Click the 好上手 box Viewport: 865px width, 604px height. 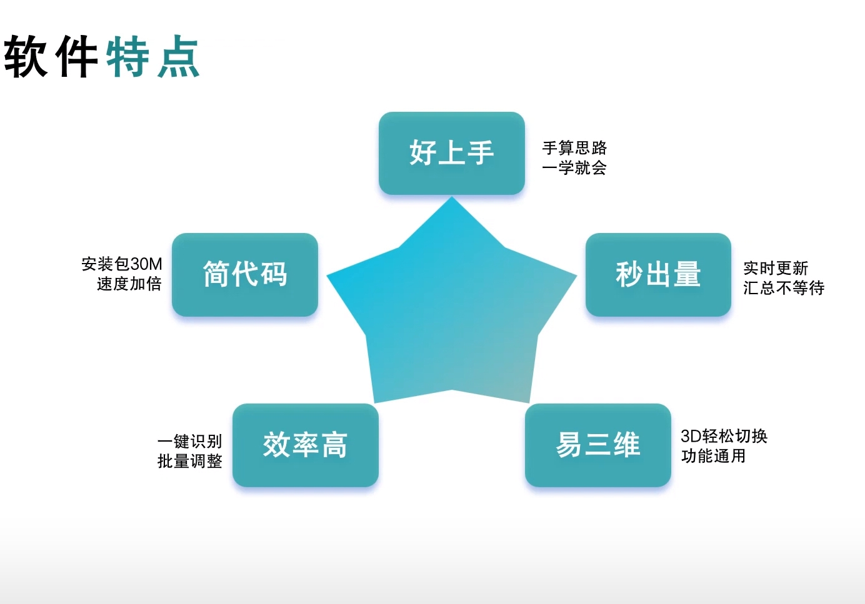pos(451,153)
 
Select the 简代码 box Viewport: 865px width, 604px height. pos(245,274)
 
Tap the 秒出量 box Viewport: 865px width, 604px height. pos(658,274)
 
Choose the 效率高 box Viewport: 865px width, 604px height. pos(306,445)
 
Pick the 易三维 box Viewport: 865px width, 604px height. pos(597,445)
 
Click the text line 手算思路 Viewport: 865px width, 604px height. pos(574,148)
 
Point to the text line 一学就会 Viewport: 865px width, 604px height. pos(574,167)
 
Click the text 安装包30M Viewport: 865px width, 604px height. pos(122,264)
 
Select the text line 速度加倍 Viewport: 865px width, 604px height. pos(129,284)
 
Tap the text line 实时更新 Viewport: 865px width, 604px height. pos(776,268)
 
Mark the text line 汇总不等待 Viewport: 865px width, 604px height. pos(784,288)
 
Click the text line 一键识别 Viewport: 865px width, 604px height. pos(189,441)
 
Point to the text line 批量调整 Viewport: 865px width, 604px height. pos(189,461)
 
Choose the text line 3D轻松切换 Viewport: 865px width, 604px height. pos(724,436)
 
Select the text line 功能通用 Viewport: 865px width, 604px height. pos(713,456)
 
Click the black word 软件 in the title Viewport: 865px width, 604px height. pos(51,56)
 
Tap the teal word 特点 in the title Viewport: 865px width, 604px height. pos(153,56)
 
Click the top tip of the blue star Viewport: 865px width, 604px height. pos(452,197)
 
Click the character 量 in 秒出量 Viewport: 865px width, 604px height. pos(687,274)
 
